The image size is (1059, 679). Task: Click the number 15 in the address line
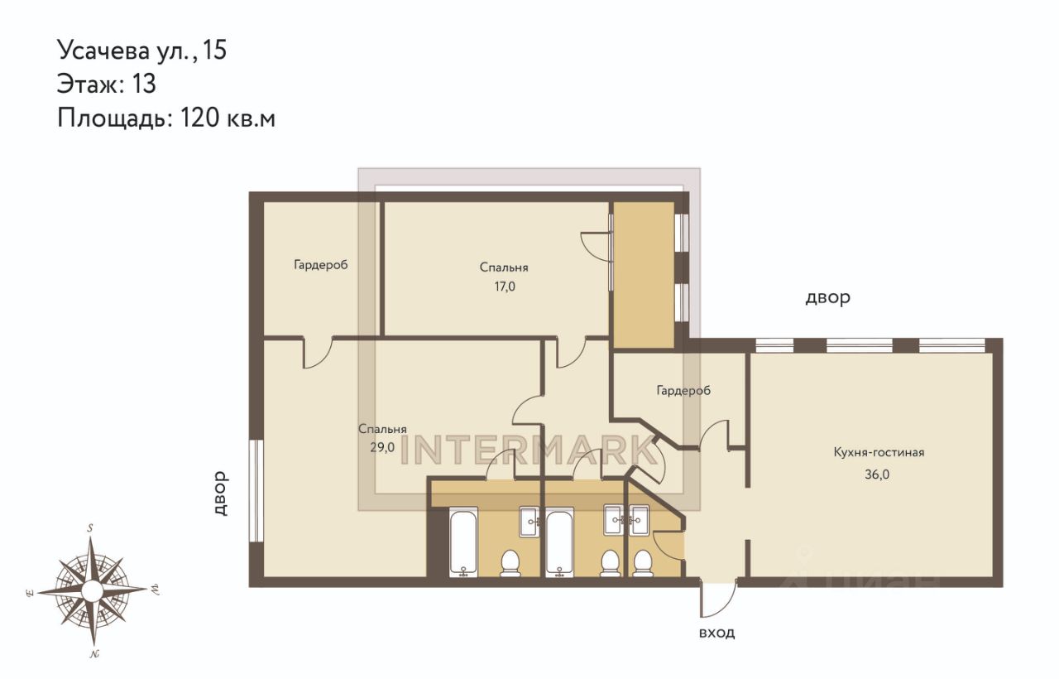(215, 50)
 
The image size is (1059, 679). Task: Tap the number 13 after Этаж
(144, 84)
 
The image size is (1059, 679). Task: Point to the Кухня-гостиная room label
(879, 452)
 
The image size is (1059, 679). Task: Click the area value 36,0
(877, 474)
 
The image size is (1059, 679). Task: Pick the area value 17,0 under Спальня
(505, 287)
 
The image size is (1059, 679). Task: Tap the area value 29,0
(382, 447)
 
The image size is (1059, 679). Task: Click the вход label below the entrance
(716, 633)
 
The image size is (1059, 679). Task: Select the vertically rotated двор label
(220, 493)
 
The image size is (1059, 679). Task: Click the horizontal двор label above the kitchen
(828, 297)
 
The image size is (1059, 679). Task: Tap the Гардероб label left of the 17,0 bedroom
(320, 264)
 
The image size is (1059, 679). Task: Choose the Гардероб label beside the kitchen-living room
(683, 390)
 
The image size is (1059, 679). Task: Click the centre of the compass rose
(92, 590)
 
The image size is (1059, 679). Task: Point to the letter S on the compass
(90, 528)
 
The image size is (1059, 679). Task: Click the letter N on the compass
(93, 654)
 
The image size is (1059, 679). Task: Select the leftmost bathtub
(463, 542)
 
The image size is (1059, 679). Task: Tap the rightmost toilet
(642, 563)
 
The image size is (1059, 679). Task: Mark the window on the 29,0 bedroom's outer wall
(256, 491)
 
